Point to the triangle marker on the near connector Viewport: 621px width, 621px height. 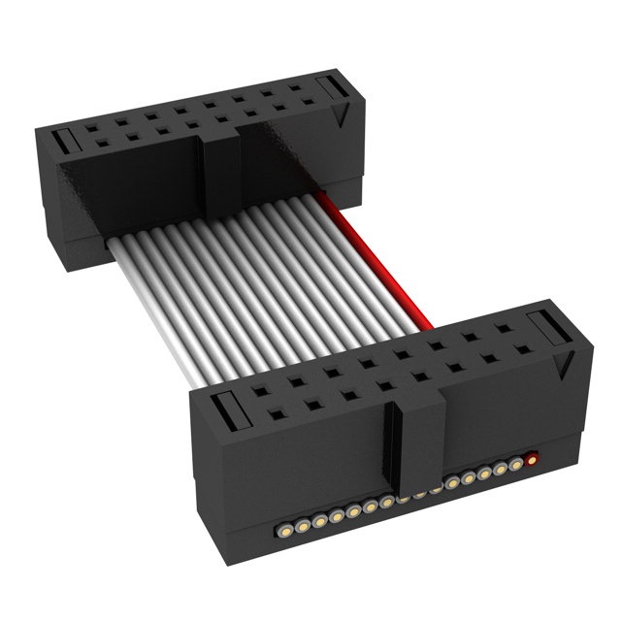[x=560, y=366]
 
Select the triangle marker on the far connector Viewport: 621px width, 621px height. [x=340, y=116]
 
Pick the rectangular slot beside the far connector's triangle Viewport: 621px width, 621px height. [x=331, y=89]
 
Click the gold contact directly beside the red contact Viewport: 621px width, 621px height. [x=516, y=464]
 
